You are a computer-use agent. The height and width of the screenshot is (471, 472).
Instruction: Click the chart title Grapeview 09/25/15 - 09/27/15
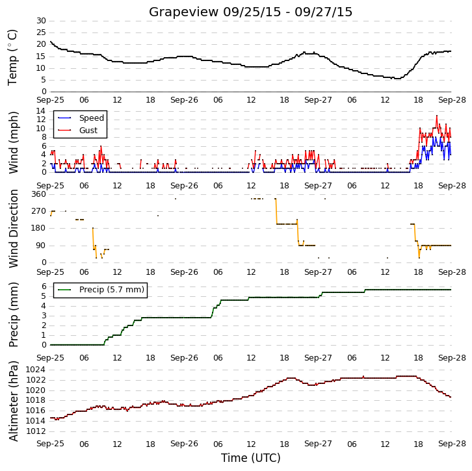(250, 12)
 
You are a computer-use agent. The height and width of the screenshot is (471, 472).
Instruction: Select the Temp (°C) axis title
(12, 57)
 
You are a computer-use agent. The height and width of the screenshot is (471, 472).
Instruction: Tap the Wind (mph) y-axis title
(13, 142)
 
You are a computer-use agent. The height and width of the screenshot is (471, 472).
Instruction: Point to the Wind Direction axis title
(13, 229)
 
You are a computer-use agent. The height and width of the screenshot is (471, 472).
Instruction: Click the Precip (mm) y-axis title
(13, 314)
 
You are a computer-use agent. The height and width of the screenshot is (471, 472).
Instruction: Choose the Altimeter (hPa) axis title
(13, 401)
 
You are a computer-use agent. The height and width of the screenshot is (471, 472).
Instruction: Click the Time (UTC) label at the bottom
(251, 458)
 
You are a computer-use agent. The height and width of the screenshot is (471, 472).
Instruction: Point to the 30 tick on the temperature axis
(41, 21)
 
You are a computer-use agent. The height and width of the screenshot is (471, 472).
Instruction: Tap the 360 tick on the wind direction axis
(39, 194)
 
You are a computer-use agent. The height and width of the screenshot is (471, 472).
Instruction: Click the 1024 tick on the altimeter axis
(36, 370)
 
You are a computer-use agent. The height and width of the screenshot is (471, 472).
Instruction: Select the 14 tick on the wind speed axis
(41, 111)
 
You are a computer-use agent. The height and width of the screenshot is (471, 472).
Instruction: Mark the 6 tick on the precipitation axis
(44, 286)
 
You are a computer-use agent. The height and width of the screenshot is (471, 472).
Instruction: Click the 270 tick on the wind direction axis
(39, 211)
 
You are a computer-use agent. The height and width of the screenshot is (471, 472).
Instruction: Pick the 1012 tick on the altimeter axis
(36, 431)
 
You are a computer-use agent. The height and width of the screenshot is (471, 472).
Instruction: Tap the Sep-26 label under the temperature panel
(184, 100)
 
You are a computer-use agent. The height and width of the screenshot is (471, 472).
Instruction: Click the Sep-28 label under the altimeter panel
(452, 444)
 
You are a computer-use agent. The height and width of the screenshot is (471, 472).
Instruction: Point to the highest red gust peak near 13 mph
(437, 116)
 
